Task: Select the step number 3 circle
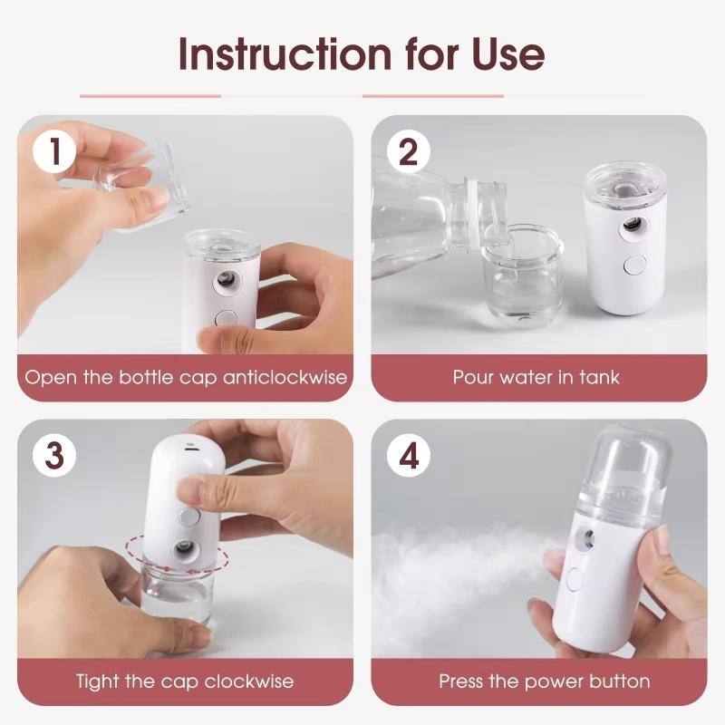(55, 456)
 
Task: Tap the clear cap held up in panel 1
(145, 186)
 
